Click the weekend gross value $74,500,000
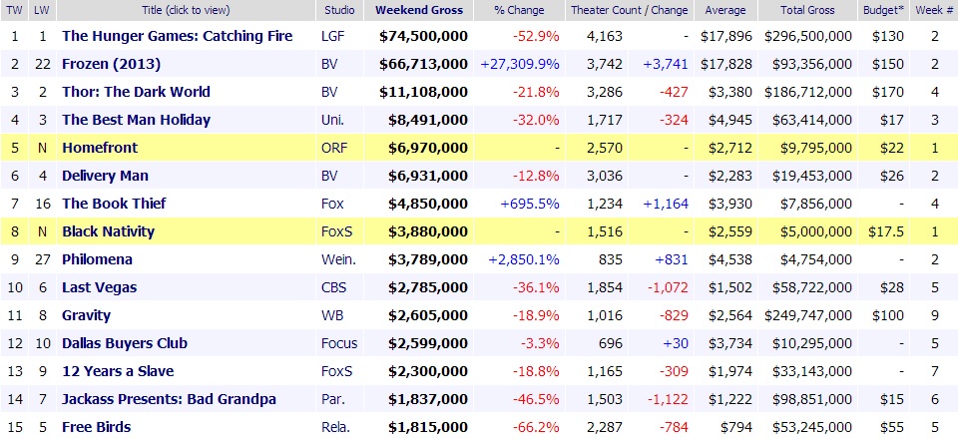point(423,36)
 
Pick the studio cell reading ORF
point(335,148)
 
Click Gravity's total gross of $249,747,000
point(808,315)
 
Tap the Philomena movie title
point(97,259)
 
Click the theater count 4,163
point(608,36)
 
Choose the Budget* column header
point(884,11)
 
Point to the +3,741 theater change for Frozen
point(669,64)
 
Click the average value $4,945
point(725,120)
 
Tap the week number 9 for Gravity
point(933,315)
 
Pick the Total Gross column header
point(807,11)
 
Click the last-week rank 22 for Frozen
point(43,64)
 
